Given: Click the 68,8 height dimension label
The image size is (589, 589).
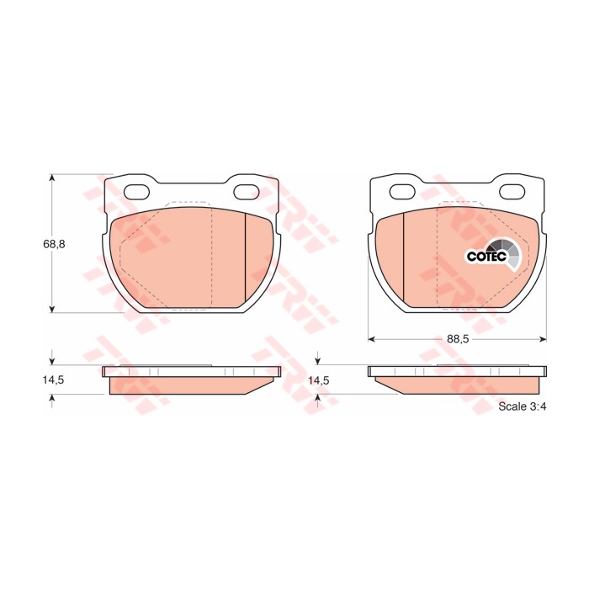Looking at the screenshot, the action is (54, 244).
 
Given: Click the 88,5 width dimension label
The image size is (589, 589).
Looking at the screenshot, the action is (458, 339).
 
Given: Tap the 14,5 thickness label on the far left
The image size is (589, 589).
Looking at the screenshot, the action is (53, 379).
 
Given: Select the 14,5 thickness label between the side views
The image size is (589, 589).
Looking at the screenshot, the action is (319, 380).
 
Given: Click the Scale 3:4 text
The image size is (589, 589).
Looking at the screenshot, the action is (523, 406).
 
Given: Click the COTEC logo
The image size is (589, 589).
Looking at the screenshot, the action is (493, 255).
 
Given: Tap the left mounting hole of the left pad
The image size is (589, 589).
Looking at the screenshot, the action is (136, 192).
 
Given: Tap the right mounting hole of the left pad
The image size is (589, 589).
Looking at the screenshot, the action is (247, 192).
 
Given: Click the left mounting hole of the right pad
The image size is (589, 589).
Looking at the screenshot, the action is (402, 192).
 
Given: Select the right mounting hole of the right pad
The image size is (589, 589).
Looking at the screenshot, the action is (512, 192).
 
